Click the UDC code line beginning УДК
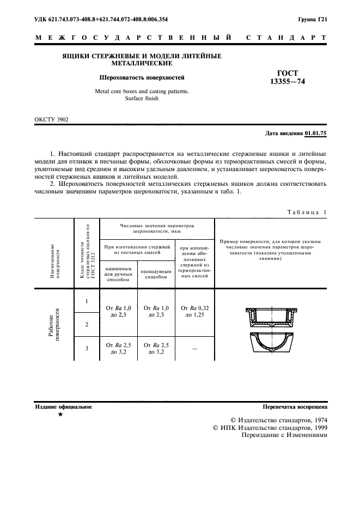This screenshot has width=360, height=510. tap(101, 19)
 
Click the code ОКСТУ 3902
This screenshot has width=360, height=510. tap(52, 118)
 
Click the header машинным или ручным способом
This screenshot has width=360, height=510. tap(117, 275)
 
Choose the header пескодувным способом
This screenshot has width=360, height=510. tap(156, 275)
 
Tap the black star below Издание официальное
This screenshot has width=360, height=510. tap(60, 415)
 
